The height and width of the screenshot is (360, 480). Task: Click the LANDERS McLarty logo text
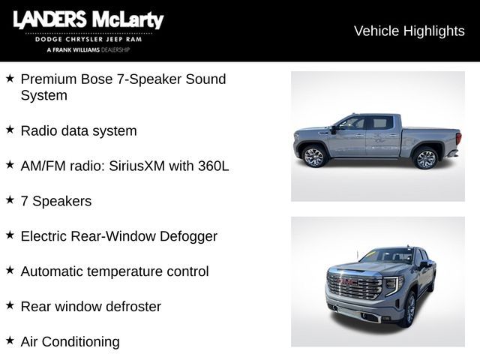[88, 20]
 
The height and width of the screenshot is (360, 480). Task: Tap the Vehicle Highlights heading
[409, 31]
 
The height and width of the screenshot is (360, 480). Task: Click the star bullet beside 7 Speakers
[10, 199]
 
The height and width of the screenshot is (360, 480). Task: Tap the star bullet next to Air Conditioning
[10, 340]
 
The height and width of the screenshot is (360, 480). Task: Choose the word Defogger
[188, 236]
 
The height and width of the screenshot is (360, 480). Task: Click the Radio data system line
[79, 130]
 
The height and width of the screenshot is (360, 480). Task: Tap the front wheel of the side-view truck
[313, 157]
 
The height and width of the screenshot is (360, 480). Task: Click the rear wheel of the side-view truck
[426, 158]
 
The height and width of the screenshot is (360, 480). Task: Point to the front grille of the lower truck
[355, 286]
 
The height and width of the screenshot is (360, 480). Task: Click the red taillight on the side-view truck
[458, 139]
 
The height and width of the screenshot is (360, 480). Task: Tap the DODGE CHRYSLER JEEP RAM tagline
[88, 39]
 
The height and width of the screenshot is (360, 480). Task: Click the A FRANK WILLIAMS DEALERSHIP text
[88, 49]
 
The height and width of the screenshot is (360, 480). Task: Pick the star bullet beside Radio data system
[10, 129]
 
